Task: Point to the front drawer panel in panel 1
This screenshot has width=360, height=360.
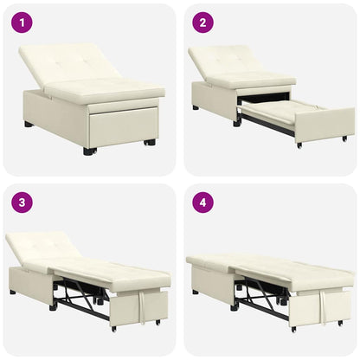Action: [121, 125]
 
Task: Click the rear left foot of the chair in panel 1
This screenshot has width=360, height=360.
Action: [29, 124]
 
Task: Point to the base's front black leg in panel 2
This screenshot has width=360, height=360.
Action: [236, 122]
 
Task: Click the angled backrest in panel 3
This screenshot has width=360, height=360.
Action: [43, 247]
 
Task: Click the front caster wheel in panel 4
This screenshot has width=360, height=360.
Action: [293, 329]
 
